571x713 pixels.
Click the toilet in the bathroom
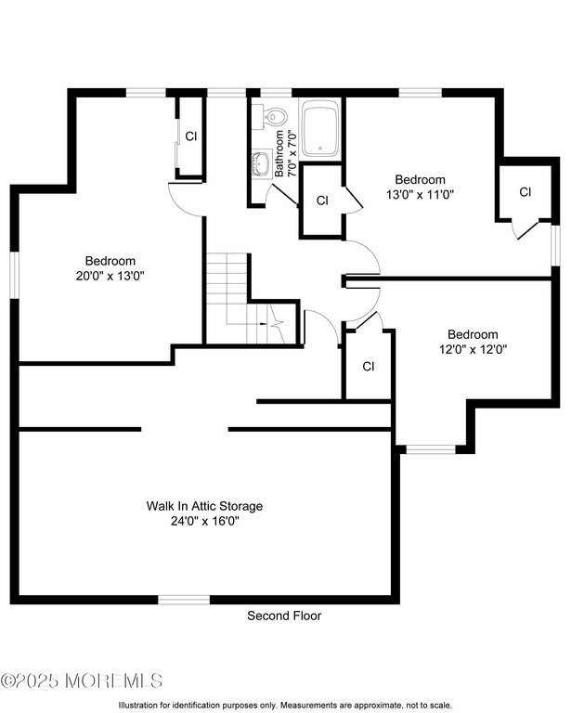(x=274, y=117)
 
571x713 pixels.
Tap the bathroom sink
(x=261, y=164)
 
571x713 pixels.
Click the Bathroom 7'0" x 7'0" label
(x=284, y=154)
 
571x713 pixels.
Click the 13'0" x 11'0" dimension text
(x=420, y=195)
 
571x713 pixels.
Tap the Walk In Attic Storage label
(x=204, y=506)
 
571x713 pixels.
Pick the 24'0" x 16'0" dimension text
(x=204, y=521)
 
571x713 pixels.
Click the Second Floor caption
(x=284, y=616)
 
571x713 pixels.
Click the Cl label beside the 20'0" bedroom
(x=190, y=136)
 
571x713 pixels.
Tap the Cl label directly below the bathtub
(x=322, y=201)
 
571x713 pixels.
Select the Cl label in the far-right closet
(x=525, y=192)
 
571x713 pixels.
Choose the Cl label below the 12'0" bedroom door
(x=368, y=367)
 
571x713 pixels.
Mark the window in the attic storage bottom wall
(x=184, y=600)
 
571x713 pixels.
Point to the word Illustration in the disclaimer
(x=140, y=706)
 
